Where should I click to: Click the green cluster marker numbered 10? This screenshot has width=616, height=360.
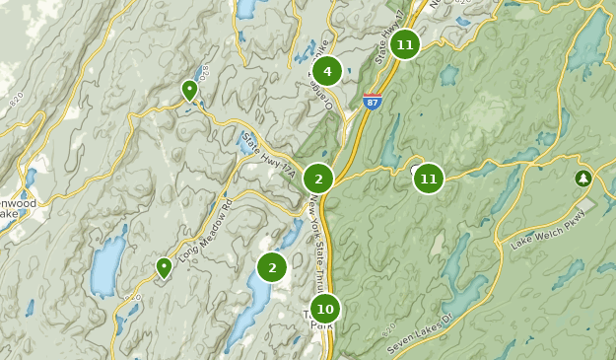[x=324, y=310]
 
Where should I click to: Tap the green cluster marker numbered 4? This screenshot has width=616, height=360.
[x=327, y=71]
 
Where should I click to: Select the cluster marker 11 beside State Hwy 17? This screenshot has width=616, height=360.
[x=404, y=44]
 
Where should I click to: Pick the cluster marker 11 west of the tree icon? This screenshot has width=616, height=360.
[x=428, y=179]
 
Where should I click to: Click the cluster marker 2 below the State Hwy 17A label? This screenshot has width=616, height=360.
[x=318, y=179]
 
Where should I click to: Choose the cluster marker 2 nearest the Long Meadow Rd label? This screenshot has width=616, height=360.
[x=272, y=266]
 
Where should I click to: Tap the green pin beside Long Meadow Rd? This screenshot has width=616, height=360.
[x=164, y=267]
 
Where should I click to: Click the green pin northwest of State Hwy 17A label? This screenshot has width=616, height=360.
[x=189, y=91]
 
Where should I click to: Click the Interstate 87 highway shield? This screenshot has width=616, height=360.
[x=372, y=102]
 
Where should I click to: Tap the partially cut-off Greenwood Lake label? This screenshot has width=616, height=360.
[x=18, y=208]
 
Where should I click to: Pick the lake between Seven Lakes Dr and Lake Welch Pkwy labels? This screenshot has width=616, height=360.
[x=468, y=292]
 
